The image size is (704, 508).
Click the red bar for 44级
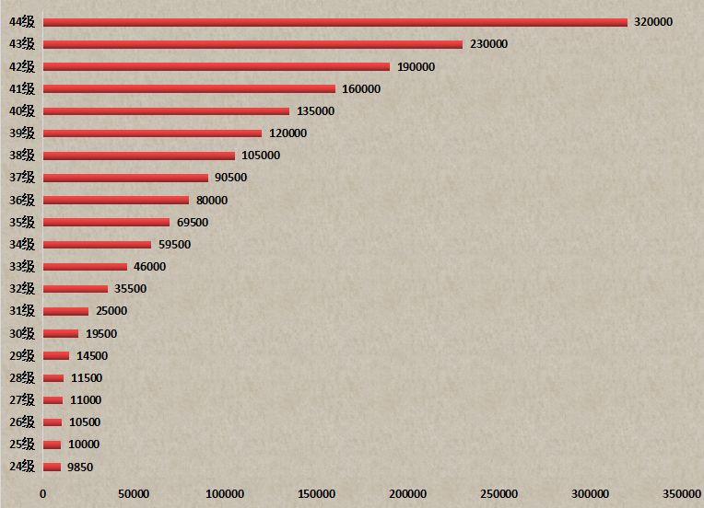click(334, 22)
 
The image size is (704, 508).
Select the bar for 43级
click(252, 44)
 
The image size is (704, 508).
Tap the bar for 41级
click(189, 89)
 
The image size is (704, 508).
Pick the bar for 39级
click(152, 133)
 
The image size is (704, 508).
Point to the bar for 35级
click(106, 223)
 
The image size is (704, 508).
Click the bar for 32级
click(76, 289)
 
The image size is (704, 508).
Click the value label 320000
click(653, 22)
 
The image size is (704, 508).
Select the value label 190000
click(416, 66)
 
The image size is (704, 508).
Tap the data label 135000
click(315, 111)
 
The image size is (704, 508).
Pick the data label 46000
click(150, 267)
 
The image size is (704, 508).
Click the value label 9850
click(80, 467)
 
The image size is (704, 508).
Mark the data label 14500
click(92, 355)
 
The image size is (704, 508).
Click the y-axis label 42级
click(22, 66)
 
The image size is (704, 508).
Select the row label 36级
click(22, 200)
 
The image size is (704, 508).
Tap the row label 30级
click(22, 333)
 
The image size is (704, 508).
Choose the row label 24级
click(22, 467)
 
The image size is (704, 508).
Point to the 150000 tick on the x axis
click(317, 494)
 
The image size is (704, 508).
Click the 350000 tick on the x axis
click(682, 494)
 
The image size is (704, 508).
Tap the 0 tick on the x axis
click(42, 494)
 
